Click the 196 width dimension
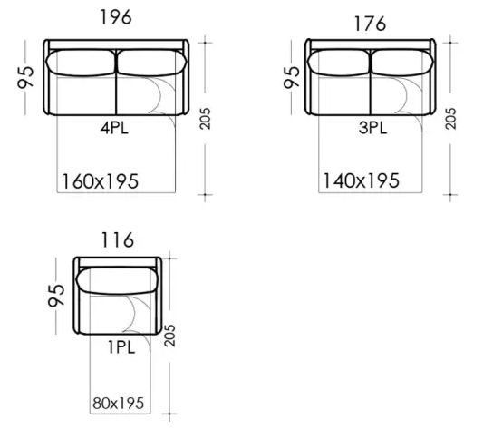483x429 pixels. [x=116, y=17]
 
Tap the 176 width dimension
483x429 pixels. [x=370, y=24]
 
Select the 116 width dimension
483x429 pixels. [x=118, y=240]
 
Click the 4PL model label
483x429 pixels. [x=114, y=128]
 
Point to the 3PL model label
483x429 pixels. [x=372, y=128]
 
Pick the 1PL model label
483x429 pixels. [x=121, y=347]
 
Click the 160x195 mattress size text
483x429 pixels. [x=101, y=181]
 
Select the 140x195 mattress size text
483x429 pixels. [x=361, y=180]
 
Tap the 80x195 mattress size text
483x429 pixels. [x=119, y=403]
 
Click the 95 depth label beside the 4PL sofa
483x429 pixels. [x=25, y=77]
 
